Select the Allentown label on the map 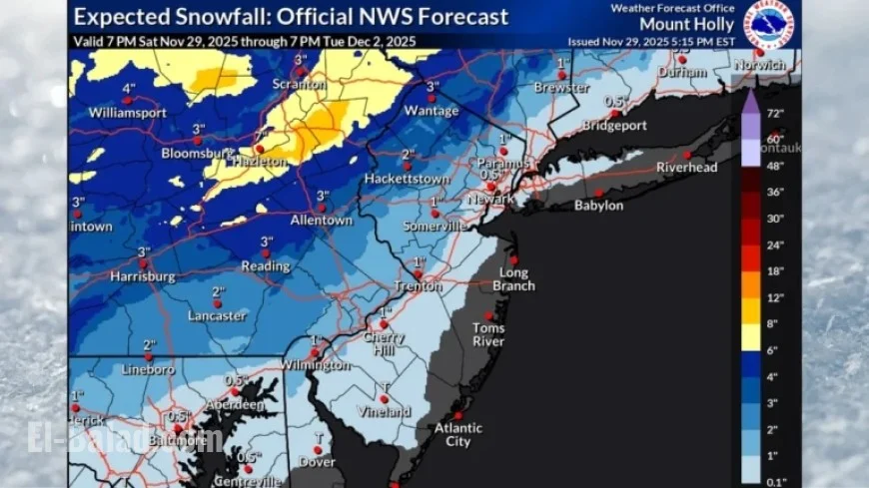pyautogui.click(x=321, y=220)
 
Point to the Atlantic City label pyautogui.click(x=457, y=435)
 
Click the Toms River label pyautogui.click(x=488, y=334)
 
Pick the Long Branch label pyautogui.click(x=516, y=279)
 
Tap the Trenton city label pyautogui.click(x=417, y=286)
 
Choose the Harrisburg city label pyautogui.click(x=144, y=275)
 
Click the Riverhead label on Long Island pyautogui.click(x=686, y=168)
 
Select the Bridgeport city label pyautogui.click(x=614, y=127)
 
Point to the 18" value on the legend pyautogui.click(x=775, y=271)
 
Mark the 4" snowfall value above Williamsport pyautogui.click(x=129, y=88)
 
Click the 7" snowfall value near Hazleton pyautogui.click(x=259, y=136)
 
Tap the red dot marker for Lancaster pyautogui.click(x=216, y=303)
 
